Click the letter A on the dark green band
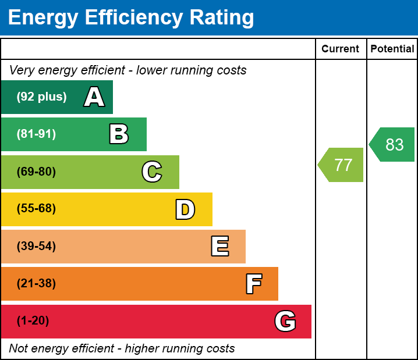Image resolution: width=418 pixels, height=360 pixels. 94,97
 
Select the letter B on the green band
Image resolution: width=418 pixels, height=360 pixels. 119,134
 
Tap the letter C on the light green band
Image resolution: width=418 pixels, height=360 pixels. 152,172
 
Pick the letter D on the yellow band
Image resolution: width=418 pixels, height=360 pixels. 185,209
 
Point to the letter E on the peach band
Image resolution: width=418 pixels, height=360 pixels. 219,247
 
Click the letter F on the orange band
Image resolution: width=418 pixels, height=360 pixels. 253,284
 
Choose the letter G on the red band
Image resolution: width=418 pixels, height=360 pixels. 285,321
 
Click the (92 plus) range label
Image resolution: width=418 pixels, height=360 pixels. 41,97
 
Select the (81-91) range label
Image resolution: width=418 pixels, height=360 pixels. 36,134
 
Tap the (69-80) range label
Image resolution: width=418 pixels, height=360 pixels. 36,172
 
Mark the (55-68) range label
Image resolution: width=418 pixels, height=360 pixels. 36,209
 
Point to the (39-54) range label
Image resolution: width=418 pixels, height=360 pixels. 36,247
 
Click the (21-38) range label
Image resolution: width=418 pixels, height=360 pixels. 36,284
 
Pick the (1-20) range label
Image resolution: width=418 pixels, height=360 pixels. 33,321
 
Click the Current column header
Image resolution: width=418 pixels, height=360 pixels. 341,49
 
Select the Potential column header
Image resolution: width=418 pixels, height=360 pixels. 392,49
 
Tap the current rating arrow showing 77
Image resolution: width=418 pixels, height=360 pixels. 342,165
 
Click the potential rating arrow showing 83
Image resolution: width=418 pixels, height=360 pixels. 393,145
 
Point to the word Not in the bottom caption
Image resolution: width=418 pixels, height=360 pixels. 19,349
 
